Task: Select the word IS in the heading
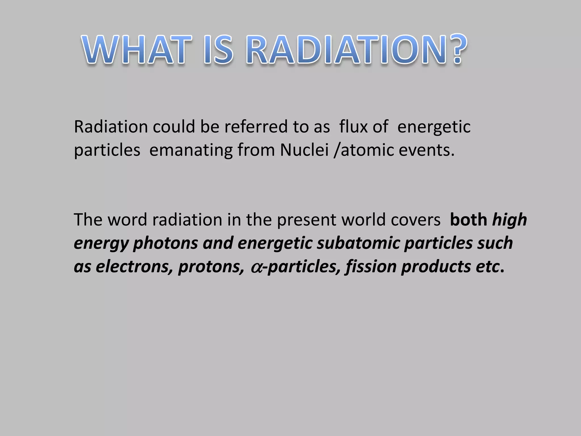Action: point(218,50)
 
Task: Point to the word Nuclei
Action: point(304,150)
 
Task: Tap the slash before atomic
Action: point(336,150)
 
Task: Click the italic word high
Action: point(510,220)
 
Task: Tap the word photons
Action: point(165,244)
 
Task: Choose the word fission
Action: point(371,267)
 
